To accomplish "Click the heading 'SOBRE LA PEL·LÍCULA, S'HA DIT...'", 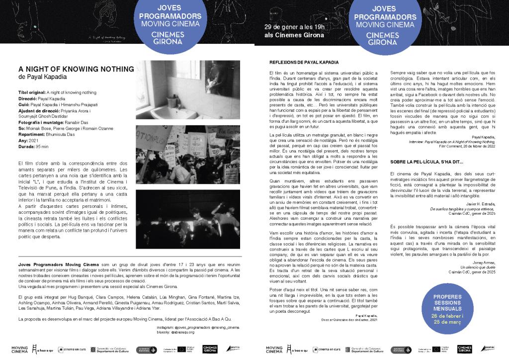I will coord(426,161).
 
